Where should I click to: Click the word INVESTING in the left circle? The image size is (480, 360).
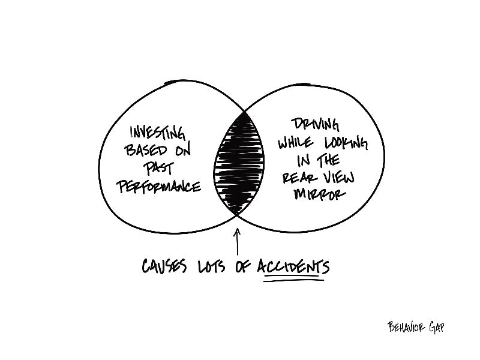pos(158,133)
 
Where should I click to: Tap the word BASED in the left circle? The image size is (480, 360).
pos(146,150)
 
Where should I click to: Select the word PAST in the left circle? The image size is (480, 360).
pos(158,168)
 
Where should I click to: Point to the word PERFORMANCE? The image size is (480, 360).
pos(158,186)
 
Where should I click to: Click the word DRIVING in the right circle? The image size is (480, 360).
pos(316,125)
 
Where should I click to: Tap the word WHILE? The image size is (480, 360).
pos(295,143)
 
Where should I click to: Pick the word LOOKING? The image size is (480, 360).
pos(346,143)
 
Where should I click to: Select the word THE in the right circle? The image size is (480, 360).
pos(328,160)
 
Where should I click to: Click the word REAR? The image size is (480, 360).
pos(296,178)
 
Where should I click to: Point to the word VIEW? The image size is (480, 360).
pos(339,178)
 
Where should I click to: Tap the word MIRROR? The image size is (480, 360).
pos(319,194)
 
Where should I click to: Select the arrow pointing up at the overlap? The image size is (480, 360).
pos(237,241)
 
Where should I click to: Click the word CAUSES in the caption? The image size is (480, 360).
pos(164,266)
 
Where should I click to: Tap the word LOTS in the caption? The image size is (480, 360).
pos(212,266)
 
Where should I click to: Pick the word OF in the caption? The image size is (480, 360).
pos(243,266)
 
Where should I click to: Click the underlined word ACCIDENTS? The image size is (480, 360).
pos(293,266)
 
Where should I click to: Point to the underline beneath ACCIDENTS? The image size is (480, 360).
pos(293,278)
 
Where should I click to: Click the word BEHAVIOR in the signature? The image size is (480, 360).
pos(406,327)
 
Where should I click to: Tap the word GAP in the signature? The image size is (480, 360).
pos(437,328)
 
